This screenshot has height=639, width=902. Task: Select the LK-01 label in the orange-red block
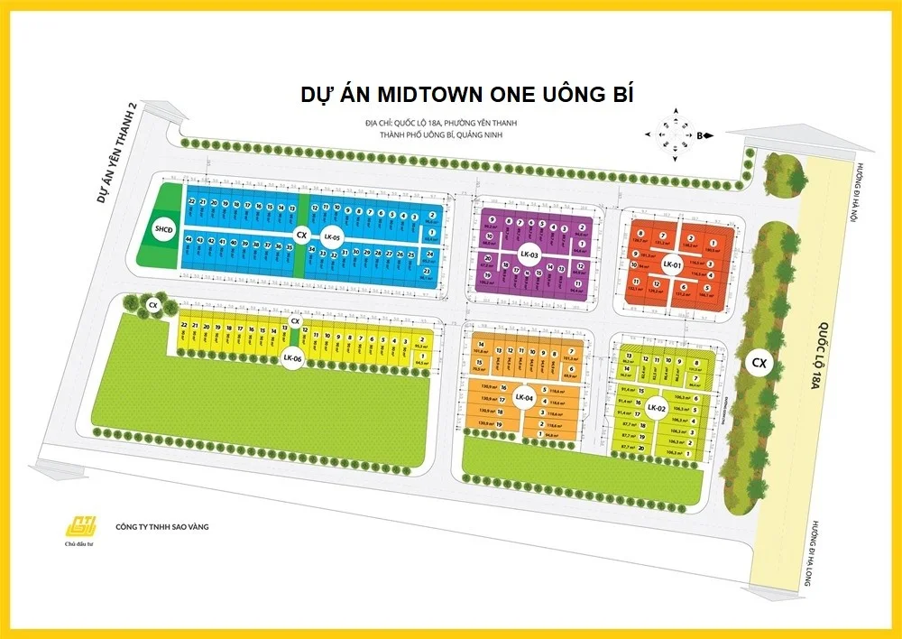pyautogui.click(x=670, y=265)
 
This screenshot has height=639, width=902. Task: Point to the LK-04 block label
pyautogui.click(x=524, y=397)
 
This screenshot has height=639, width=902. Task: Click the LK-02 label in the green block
pyautogui.click(x=656, y=408)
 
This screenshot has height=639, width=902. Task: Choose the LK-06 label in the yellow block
pyautogui.click(x=291, y=357)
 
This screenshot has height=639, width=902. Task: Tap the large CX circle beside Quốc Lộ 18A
pyautogui.click(x=759, y=364)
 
